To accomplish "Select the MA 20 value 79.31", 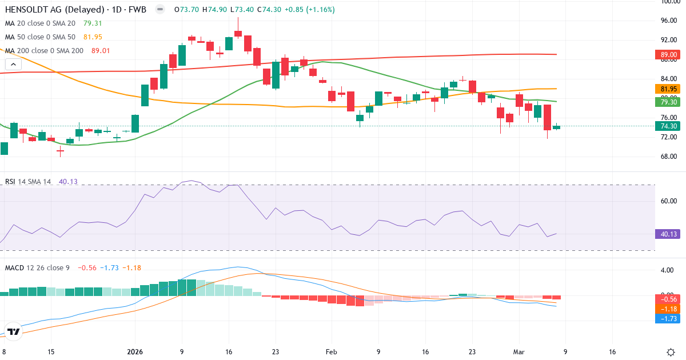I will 93,23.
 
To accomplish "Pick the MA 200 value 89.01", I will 100,51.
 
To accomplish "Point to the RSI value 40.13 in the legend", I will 68,182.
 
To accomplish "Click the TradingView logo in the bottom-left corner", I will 14,331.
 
